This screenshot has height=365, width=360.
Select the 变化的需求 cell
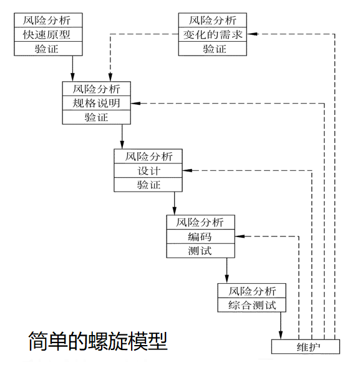pyautogui.click(x=213, y=34)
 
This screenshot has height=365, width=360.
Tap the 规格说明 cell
pyautogui.click(x=97, y=103)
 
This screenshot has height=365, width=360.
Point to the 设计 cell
pyautogui.click(x=148, y=170)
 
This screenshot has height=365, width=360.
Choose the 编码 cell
pyautogui.click(x=200, y=237)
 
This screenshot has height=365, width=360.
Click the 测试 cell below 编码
pyautogui.click(x=200, y=251)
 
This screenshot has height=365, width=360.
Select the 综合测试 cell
pyautogui.click(x=252, y=305)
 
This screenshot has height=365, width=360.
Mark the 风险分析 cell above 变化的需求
pyautogui.click(x=213, y=20)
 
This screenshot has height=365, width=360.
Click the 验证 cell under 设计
pyautogui.click(x=148, y=185)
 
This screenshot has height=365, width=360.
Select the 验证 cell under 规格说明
pyautogui.click(x=97, y=117)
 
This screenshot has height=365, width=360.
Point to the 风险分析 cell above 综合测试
pyautogui.click(x=252, y=291)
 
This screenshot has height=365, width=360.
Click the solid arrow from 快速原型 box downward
pyautogui.click(x=73, y=68)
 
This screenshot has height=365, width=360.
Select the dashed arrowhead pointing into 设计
pyautogui.click(x=187, y=170)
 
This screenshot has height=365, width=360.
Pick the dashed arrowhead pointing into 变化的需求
pyautogui.click(x=253, y=34)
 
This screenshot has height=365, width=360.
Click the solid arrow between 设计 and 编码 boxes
pyautogui.click(x=174, y=203)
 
